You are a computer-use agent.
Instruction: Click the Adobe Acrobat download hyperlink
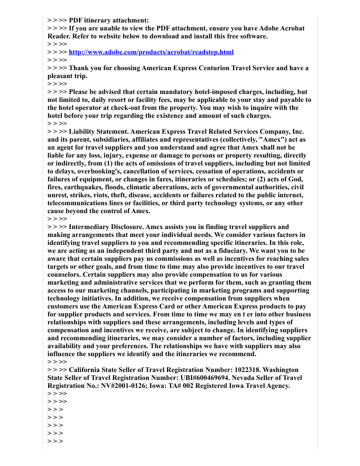151,52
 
